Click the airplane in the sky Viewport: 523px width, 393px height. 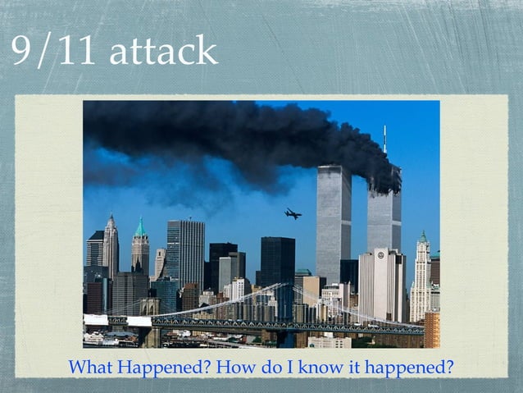[293, 214]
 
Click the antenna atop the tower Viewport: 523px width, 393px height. [384, 139]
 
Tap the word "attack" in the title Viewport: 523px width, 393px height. [163, 51]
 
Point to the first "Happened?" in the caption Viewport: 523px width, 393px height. [158, 367]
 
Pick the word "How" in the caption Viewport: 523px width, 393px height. [222, 367]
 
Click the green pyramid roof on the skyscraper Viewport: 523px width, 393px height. [140, 228]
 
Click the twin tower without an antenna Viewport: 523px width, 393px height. [334, 222]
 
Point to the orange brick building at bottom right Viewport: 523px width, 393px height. [431, 329]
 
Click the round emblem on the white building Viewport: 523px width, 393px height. [380, 256]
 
